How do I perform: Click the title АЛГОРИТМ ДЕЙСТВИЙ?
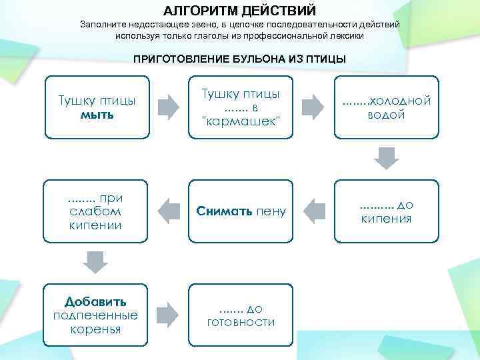point(239,10)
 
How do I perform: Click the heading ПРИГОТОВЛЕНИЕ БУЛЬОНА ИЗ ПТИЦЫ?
point(239,59)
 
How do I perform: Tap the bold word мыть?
point(97,115)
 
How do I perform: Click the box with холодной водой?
point(386,107)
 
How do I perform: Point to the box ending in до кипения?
point(386,211)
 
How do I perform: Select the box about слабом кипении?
point(95,211)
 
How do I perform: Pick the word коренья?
point(95,329)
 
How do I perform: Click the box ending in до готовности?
point(241,315)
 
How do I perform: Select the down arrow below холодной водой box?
point(385,158)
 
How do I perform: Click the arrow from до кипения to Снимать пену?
point(313,211)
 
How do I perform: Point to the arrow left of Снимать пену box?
point(168,211)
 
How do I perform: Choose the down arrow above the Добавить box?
point(95,262)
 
